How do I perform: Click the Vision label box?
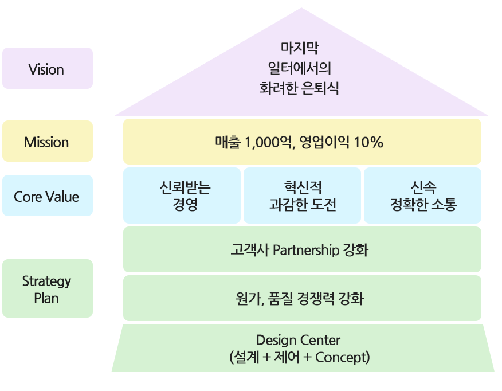[48, 68]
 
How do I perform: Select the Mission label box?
[48, 141]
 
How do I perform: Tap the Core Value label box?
[48, 196]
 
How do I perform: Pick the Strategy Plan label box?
[48, 288]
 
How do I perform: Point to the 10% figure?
[368, 142]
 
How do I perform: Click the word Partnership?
[306, 250]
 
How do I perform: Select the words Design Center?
[298, 340]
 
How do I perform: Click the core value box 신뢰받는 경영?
[182, 196]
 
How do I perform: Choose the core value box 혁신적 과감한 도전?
[302, 196]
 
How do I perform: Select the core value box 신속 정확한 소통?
[422, 196]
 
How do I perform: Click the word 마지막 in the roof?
[300, 48]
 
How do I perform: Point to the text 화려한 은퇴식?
[299, 88]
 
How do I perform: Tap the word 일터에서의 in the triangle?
[300, 68]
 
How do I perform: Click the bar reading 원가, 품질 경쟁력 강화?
[302, 298]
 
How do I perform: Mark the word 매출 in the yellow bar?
[228, 142]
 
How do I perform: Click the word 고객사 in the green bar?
[250, 250]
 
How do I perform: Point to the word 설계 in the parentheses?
[246, 357]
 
